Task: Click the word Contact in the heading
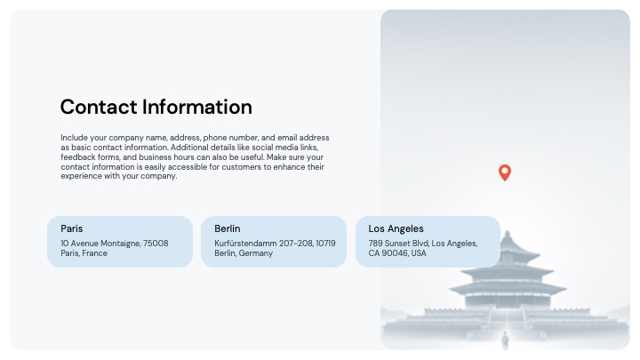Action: pos(99,107)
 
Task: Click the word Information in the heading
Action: pos(197,107)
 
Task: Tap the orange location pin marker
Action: pos(505,172)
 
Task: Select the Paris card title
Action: pos(72,228)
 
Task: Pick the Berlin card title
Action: pos(228,228)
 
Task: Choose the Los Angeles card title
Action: pos(396,229)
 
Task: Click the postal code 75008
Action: pos(156,244)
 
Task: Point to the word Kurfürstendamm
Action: pos(245,244)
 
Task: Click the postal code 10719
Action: pos(325,244)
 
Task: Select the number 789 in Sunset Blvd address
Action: pos(375,244)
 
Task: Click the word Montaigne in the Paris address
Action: pos(121,244)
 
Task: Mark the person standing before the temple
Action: pos(505,340)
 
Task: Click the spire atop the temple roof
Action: pos(508,235)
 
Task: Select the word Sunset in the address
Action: pos(396,244)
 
